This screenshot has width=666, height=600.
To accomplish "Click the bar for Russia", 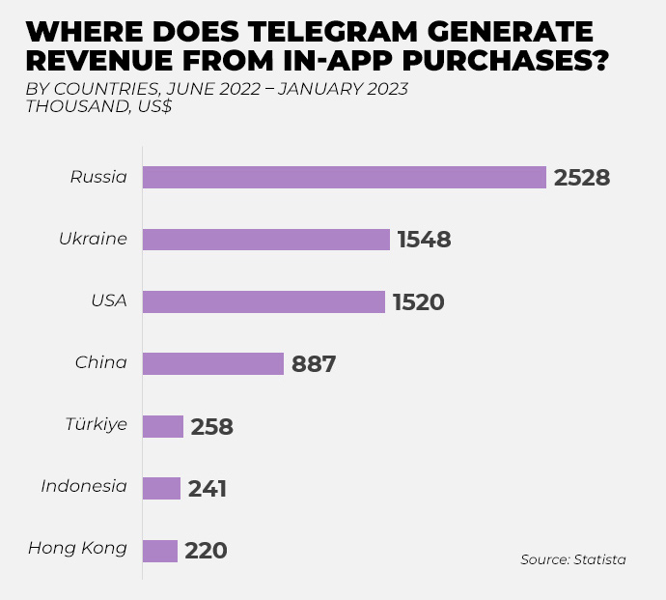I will click(x=345, y=178).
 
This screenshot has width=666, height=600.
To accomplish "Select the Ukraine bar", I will click(x=266, y=240).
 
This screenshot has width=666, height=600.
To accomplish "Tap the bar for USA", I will click(x=264, y=301).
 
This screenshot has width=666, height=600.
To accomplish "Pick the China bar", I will click(x=213, y=363).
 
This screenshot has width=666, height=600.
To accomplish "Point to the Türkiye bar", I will click(x=163, y=426).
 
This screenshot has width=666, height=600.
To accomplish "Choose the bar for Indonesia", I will click(x=161, y=488).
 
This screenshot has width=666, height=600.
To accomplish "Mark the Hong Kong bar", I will click(x=160, y=551).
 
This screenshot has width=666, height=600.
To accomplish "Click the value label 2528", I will click(x=582, y=178).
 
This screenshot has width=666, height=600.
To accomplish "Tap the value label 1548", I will click(x=424, y=240).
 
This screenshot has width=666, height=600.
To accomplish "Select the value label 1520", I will click(x=418, y=302).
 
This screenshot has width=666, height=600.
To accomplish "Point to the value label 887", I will click(x=313, y=364).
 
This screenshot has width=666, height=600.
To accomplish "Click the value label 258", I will click(x=212, y=426).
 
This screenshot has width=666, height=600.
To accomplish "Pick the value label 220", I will click(x=206, y=551).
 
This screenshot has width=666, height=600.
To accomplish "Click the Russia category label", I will click(x=98, y=177).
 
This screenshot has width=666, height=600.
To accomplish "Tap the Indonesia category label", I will click(x=84, y=486).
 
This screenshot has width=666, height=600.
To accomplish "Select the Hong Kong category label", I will click(x=77, y=549).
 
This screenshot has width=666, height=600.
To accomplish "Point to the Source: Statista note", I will click(x=573, y=559).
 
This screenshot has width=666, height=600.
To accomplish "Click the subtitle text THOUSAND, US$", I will click(x=98, y=106).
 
